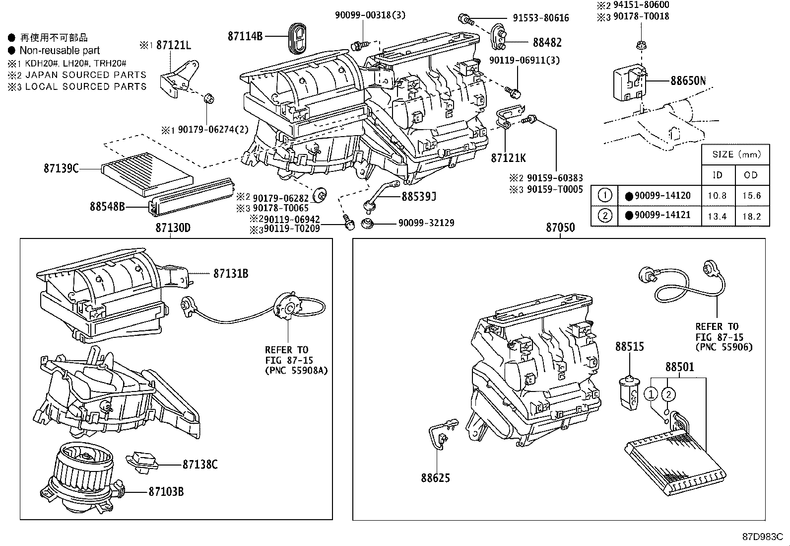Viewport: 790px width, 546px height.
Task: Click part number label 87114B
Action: [x=245, y=36]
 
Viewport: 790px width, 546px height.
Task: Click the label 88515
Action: [x=629, y=346]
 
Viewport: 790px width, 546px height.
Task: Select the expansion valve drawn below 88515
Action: [x=629, y=394]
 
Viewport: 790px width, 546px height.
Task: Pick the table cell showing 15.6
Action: [x=751, y=195]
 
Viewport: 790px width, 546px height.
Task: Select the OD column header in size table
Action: [x=751, y=175]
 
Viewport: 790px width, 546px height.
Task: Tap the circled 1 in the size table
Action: [x=604, y=195]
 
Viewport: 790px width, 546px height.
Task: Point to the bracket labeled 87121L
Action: [x=178, y=78]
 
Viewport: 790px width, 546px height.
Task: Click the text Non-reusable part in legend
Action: [x=60, y=50]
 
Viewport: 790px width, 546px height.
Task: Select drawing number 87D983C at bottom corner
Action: [x=762, y=537]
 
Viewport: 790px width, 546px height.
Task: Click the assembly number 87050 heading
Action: [x=560, y=228]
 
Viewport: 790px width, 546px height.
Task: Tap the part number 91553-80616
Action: [x=540, y=18]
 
